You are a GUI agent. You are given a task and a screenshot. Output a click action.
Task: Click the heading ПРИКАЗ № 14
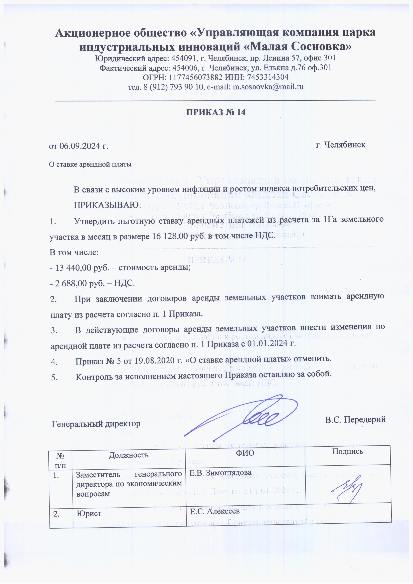coord(216,112)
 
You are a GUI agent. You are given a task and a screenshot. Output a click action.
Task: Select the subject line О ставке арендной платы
coord(90,164)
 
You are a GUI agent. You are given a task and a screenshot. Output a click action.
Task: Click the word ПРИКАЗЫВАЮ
coord(107,205)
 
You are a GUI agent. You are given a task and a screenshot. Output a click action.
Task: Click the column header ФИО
coord(245,453)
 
